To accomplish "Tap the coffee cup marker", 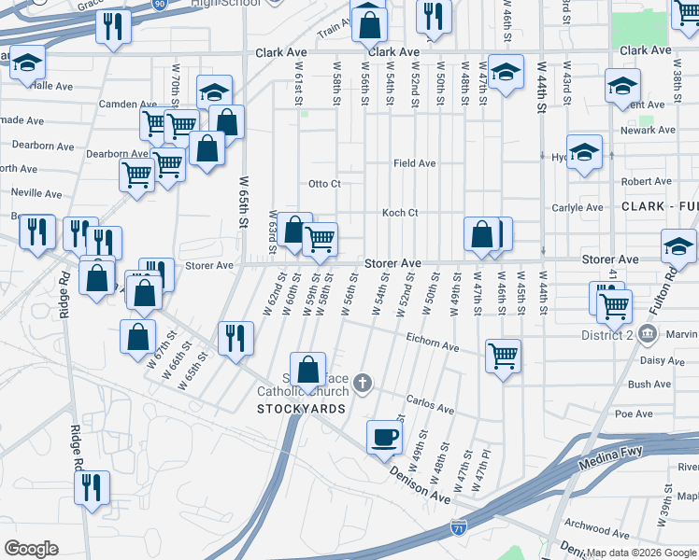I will (x=384, y=437).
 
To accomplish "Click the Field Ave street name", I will (x=414, y=163).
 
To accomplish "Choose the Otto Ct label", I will (x=324, y=184).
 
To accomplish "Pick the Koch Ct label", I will (x=399, y=213).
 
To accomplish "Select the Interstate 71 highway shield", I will (x=458, y=528).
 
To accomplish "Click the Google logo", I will (x=31, y=548).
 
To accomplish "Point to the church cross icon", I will (x=363, y=382).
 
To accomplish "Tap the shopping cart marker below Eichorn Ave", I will (x=503, y=356).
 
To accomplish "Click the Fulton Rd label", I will (x=670, y=290).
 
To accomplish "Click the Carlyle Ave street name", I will (x=577, y=208).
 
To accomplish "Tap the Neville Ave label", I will (x=36, y=193).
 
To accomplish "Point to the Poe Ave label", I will (x=634, y=413).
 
